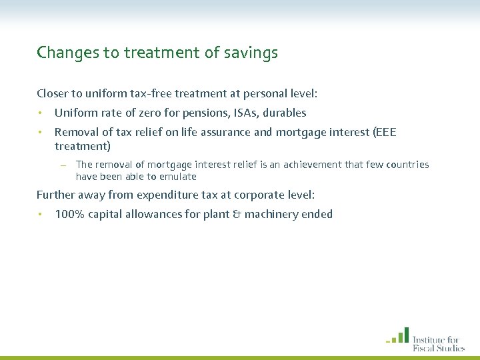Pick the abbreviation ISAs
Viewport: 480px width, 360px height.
[x=224, y=113]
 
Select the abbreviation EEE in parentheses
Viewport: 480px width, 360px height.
[x=385, y=132]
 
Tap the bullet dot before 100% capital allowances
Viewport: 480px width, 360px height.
[x=40, y=214]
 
